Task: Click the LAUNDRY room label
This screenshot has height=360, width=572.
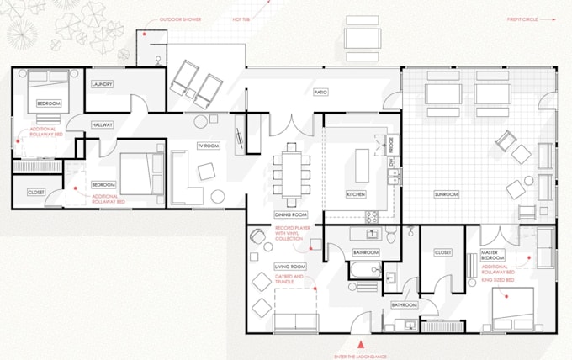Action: (103, 84)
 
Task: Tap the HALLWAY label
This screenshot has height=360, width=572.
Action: (103, 124)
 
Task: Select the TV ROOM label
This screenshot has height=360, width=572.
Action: (208, 146)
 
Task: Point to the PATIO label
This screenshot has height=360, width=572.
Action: (320, 92)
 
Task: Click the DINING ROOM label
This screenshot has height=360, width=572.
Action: (291, 214)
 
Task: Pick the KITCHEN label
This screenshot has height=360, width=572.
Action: (357, 194)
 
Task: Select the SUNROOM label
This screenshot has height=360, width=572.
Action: (446, 194)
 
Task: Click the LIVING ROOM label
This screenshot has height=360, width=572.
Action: (289, 267)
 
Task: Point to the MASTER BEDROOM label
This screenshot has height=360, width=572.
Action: (494, 256)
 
